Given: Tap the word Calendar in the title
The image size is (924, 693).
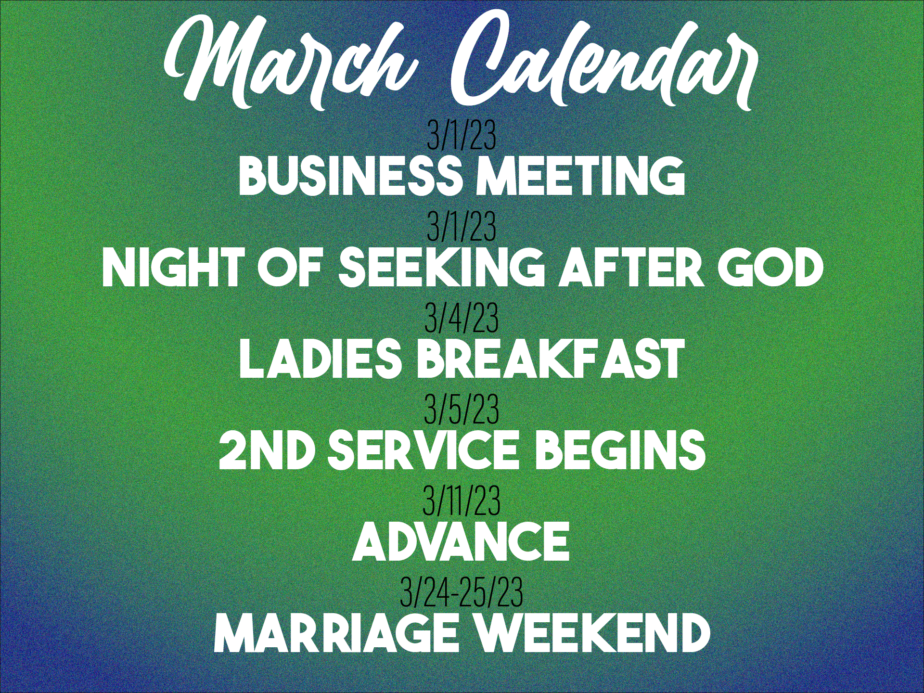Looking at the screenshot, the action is tap(604, 60).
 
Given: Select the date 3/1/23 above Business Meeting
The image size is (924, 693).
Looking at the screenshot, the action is tap(462, 136).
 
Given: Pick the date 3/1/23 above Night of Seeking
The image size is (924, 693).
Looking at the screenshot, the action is tap(462, 227).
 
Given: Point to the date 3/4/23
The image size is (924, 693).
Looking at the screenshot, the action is tap(462, 319).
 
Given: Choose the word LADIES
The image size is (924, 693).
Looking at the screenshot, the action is tap(321, 359).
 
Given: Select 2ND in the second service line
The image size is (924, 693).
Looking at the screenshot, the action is tap(267, 450).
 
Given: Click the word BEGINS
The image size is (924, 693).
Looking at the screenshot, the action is tap(620, 450).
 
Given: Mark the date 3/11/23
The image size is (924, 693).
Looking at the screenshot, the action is tap(462, 501).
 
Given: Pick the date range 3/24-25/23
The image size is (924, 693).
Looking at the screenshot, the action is tap(462, 592).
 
